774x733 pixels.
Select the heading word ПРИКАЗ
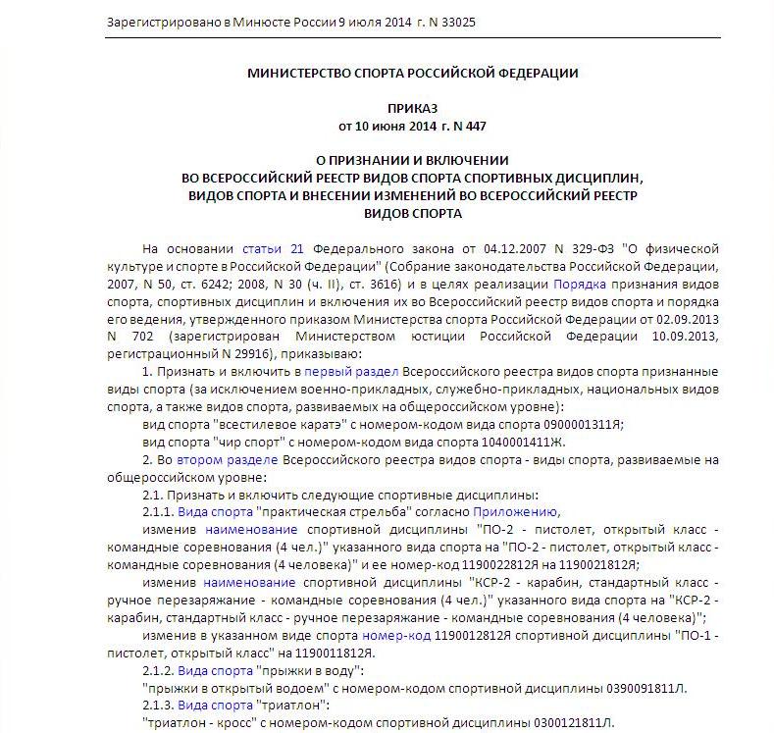pyautogui.click(x=412, y=108)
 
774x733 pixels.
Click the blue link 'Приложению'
pyautogui.click(x=516, y=512)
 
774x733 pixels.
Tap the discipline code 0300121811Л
pyautogui.click(x=559, y=724)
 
